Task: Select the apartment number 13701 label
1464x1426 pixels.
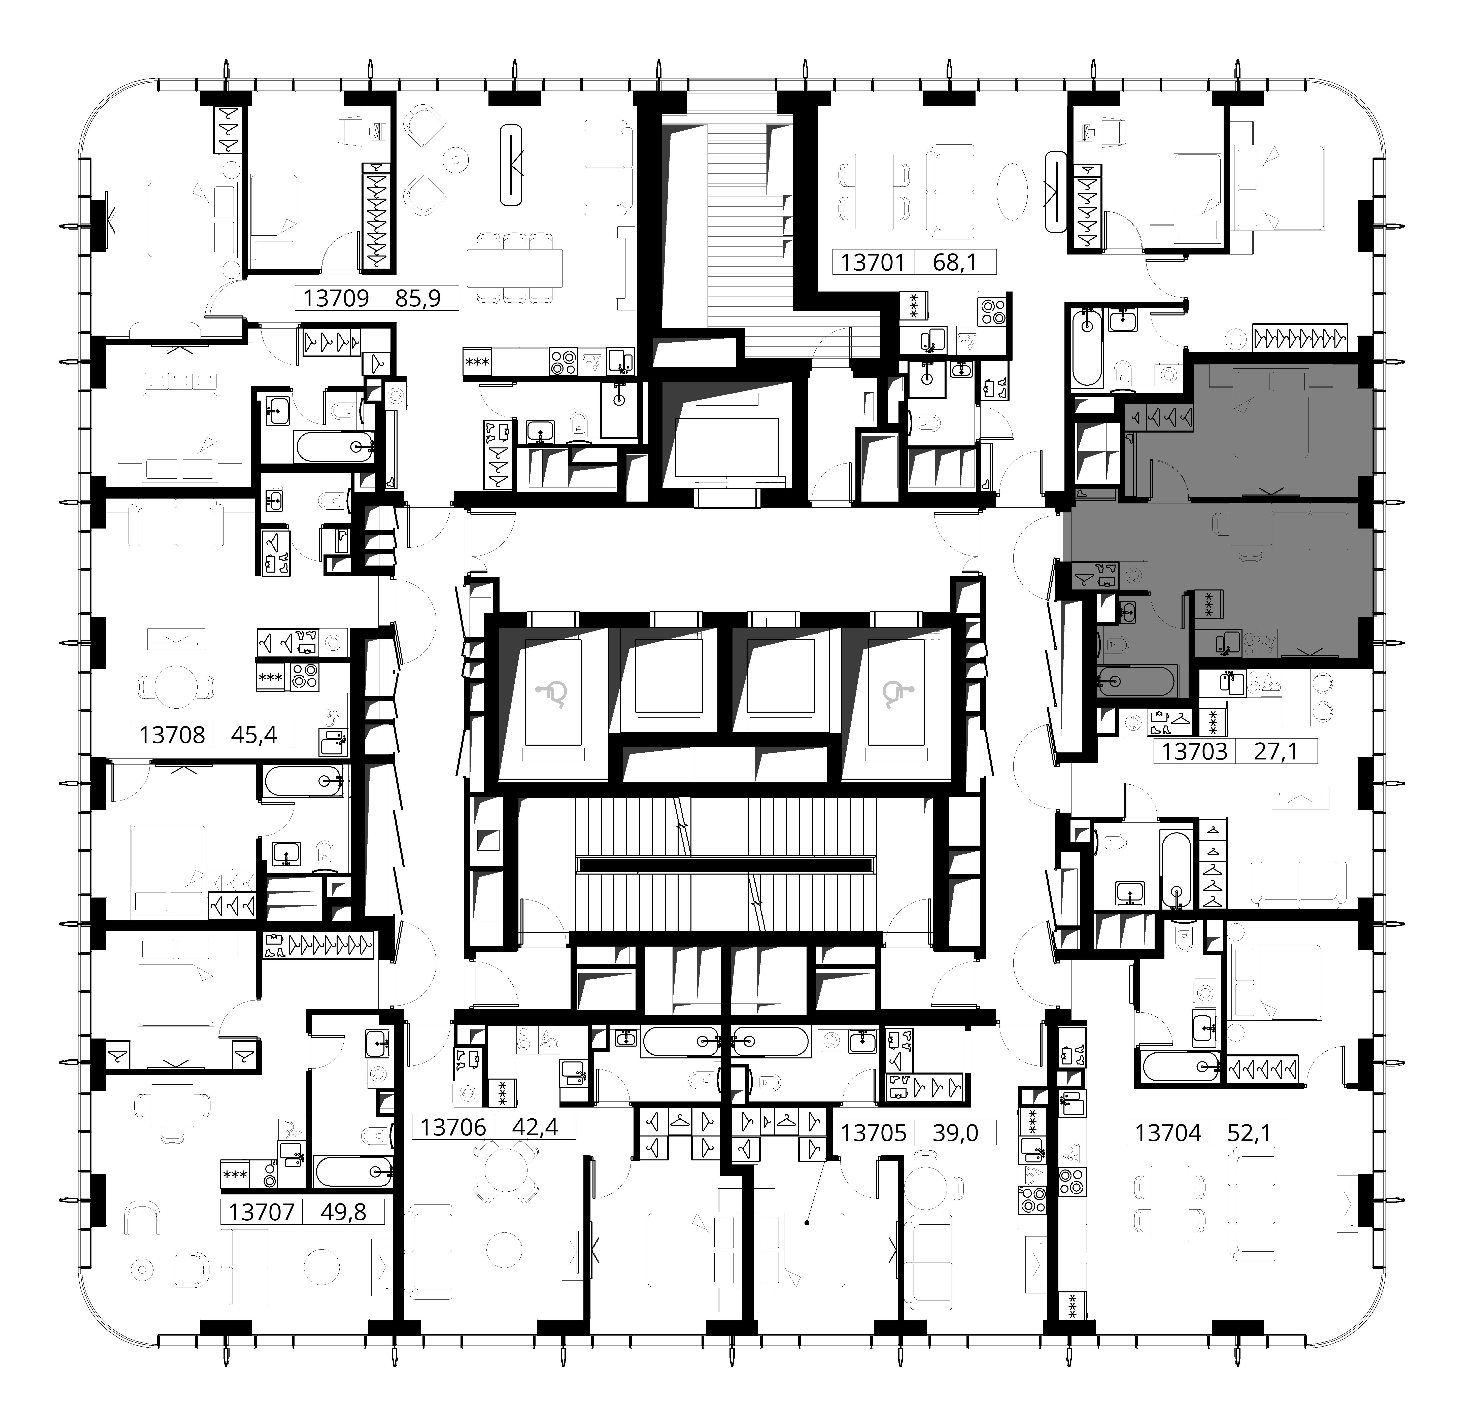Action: (x=873, y=262)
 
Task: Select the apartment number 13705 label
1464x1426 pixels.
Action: (x=873, y=1132)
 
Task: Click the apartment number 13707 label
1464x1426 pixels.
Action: (x=261, y=1212)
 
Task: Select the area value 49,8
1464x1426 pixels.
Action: (x=343, y=1212)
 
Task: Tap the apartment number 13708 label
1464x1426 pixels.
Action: (x=172, y=735)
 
